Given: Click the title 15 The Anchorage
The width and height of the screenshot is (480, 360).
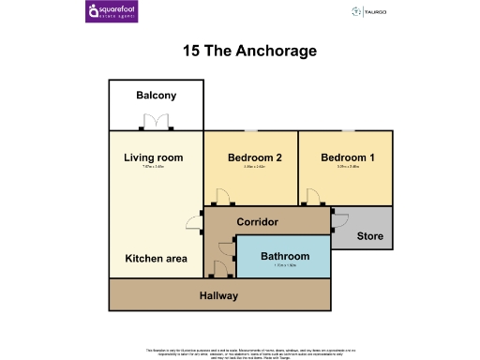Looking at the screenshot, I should (x=239, y=50).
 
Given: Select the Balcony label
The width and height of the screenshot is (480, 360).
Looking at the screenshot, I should (x=156, y=96).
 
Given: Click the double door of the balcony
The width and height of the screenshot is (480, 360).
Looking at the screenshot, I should (x=155, y=123).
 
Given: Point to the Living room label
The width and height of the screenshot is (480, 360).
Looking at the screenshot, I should (x=154, y=157).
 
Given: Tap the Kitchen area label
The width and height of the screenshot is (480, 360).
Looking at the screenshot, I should (x=157, y=258).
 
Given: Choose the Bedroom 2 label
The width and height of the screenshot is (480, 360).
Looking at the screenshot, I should (x=255, y=157).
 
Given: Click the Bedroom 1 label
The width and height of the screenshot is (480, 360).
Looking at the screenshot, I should (x=348, y=157).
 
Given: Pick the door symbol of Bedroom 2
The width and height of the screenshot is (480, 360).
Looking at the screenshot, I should (x=221, y=198).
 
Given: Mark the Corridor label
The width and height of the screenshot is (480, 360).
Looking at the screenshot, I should (x=257, y=222).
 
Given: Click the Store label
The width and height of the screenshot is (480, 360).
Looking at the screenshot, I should (x=370, y=235).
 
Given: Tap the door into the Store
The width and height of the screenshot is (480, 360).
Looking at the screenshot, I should (x=339, y=221).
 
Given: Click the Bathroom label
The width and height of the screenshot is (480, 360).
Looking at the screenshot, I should (x=284, y=256).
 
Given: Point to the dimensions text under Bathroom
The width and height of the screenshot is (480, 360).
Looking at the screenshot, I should (x=284, y=265).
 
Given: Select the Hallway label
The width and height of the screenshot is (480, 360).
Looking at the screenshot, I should (x=218, y=296).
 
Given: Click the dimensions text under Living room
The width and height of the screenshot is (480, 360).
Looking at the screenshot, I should (x=154, y=168).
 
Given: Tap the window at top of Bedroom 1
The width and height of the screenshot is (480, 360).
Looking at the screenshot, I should (x=348, y=130).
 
